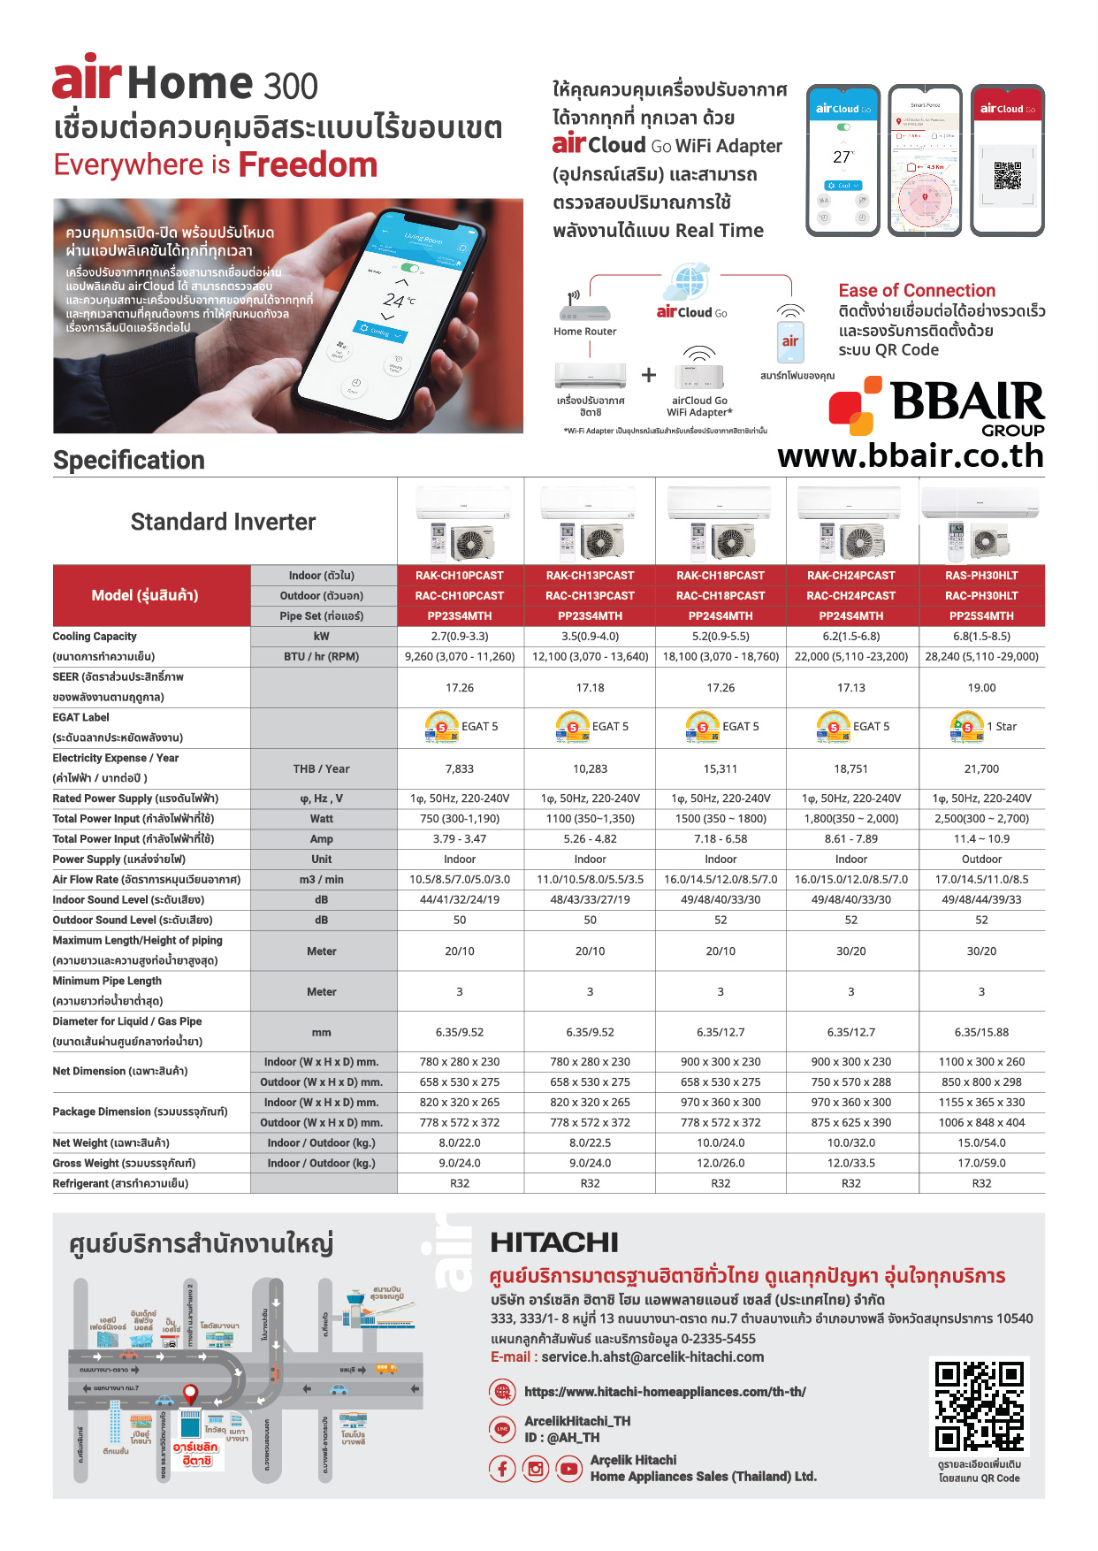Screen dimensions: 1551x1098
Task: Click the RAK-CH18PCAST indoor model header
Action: pos(721,576)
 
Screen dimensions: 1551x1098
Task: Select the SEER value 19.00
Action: pos(981,688)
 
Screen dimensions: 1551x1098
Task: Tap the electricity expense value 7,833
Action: pos(460,769)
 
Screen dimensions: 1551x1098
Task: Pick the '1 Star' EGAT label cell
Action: pos(982,727)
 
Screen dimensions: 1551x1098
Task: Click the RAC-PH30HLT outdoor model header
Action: pos(981,596)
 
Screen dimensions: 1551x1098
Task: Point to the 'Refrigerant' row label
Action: pos(120,1184)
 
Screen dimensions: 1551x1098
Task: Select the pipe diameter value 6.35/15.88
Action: pos(981,1032)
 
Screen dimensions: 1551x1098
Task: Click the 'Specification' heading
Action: pos(129,460)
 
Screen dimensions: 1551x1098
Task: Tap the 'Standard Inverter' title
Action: pos(223,522)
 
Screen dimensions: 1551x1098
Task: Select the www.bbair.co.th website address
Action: pos(911,456)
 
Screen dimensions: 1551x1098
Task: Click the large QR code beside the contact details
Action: pos(979,1406)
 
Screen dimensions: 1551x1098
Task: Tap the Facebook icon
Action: pos(502,1469)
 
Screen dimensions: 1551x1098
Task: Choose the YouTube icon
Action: pos(568,1469)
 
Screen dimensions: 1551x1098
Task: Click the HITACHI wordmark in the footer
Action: pos(554,1243)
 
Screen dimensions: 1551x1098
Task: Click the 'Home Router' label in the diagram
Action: pos(584,332)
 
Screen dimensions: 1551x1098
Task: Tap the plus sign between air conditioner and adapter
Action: pos(649,375)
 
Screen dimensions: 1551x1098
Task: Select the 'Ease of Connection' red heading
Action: pos(917,291)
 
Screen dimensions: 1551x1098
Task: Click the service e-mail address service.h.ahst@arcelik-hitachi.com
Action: pos(652,1357)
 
